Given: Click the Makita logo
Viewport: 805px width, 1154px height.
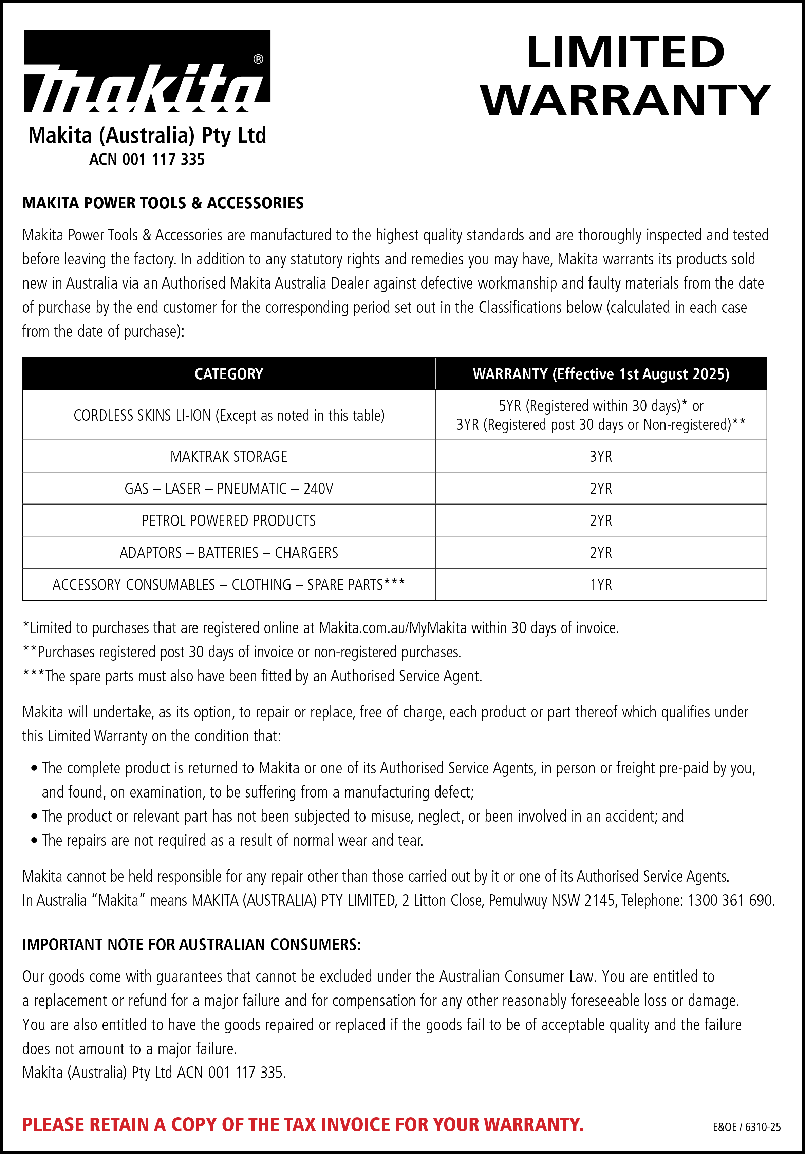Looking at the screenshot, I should [x=147, y=71].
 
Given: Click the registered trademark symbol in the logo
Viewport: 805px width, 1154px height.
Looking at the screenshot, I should [x=258, y=60].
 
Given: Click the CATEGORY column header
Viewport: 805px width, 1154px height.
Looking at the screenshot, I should [x=229, y=374].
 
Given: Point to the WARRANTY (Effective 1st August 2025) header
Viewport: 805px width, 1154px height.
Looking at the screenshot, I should [x=601, y=374].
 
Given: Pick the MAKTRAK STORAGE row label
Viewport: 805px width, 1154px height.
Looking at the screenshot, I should [x=229, y=456].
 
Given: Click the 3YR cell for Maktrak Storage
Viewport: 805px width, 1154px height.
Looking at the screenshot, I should [x=601, y=456].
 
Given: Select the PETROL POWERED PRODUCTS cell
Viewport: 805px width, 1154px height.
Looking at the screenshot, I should [x=229, y=521].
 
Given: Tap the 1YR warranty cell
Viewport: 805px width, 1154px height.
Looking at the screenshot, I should [x=601, y=585].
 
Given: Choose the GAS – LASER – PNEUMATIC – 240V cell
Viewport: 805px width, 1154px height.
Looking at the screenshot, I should [x=229, y=489].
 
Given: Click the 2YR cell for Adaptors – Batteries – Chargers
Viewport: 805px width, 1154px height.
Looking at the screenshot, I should [x=601, y=553].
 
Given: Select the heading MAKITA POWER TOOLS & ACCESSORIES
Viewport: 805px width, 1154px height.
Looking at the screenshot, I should [x=163, y=203].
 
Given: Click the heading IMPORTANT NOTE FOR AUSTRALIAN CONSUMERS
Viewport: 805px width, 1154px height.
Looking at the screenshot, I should [x=191, y=945].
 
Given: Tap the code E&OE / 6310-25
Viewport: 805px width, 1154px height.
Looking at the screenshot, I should [x=746, y=1128].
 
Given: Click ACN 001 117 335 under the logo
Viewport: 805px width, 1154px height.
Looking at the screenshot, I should [x=147, y=160].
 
